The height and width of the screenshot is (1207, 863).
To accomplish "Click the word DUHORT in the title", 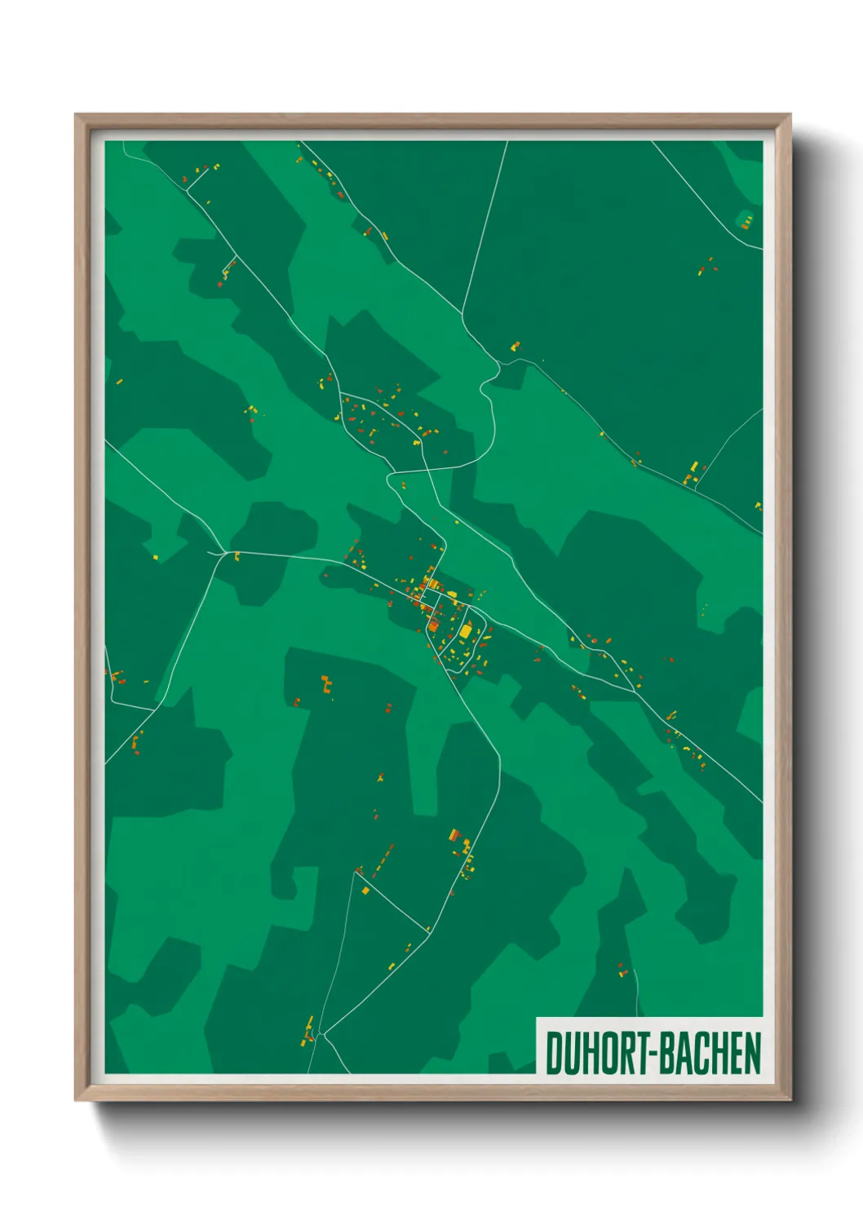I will pyautogui.click(x=598, y=1053).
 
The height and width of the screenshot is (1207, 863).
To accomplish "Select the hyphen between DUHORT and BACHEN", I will pyautogui.click(x=653, y=1054).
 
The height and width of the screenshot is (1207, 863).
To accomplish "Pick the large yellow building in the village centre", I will pyautogui.click(x=465, y=630).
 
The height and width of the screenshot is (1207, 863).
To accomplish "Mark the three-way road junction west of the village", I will pyautogui.click(x=223, y=553).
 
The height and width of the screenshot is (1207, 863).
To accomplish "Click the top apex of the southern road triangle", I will pyautogui.click(x=356, y=871).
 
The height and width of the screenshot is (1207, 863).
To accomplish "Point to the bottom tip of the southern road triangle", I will pyautogui.click(x=323, y=1035).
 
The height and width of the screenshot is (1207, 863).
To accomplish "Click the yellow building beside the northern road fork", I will pyautogui.click(x=515, y=346).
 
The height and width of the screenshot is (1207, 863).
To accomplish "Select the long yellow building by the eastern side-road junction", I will pyautogui.click(x=694, y=467).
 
